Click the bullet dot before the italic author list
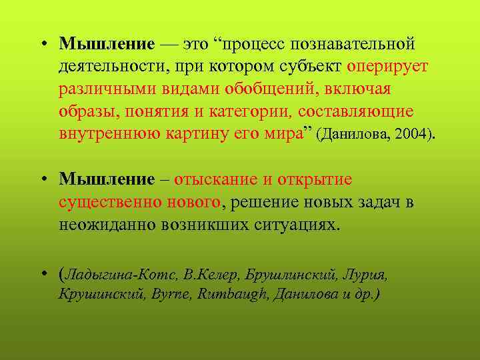coord(43,273)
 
